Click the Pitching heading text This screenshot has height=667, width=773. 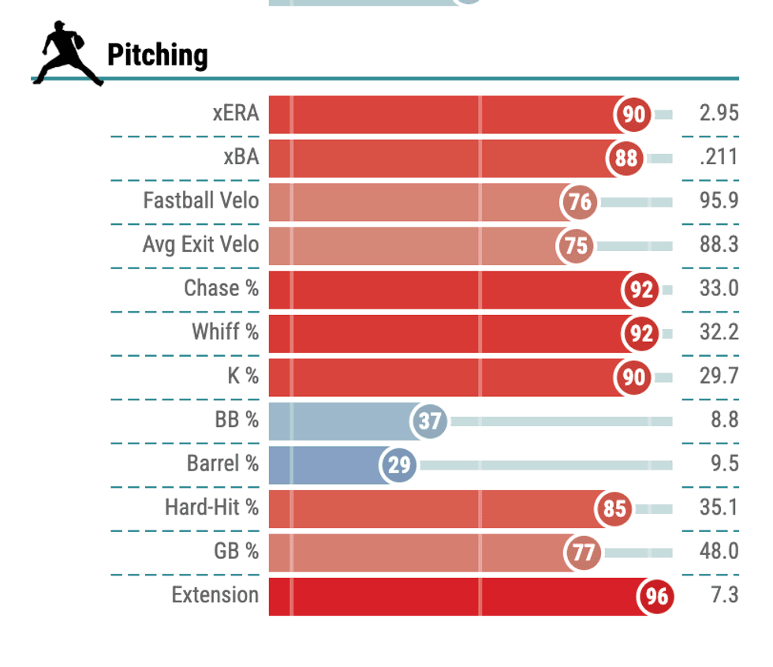coord(157,55)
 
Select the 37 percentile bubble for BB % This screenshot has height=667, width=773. coord(429,422)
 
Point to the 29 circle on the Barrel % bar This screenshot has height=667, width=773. coord(399,465)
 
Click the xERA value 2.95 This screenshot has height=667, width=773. coord(719,114)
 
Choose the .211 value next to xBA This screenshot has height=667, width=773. coord(719,158)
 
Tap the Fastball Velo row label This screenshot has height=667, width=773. coord(200,201)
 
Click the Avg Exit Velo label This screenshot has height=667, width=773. coord(200,245)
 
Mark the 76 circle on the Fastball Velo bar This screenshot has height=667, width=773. coord(580,202)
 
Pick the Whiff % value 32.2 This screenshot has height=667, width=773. coord(719,332)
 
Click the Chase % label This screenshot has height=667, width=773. coord(221,289)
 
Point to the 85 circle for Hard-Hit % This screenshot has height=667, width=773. coord(614,508)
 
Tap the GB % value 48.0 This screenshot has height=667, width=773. coord(719,551)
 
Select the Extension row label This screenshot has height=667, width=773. coord(215,595)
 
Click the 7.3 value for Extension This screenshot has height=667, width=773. coord(724,595)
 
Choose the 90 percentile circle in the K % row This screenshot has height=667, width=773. coord(633,377)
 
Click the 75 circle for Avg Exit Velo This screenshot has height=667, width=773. coord(576,246)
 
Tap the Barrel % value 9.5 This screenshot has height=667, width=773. coord(723,463)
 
